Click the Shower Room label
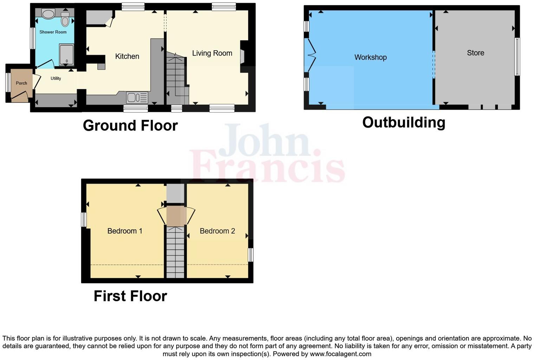53,32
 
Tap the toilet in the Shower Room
65,19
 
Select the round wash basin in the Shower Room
48,14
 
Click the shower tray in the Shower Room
66,54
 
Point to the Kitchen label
127,56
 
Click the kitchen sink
137,97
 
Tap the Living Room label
212,53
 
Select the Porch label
21,83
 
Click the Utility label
56,78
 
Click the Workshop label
370,57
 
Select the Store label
475,53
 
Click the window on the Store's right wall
517,57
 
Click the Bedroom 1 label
125,231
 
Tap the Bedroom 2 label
217,231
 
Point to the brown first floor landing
175,216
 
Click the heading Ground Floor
130,126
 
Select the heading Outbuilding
404,122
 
